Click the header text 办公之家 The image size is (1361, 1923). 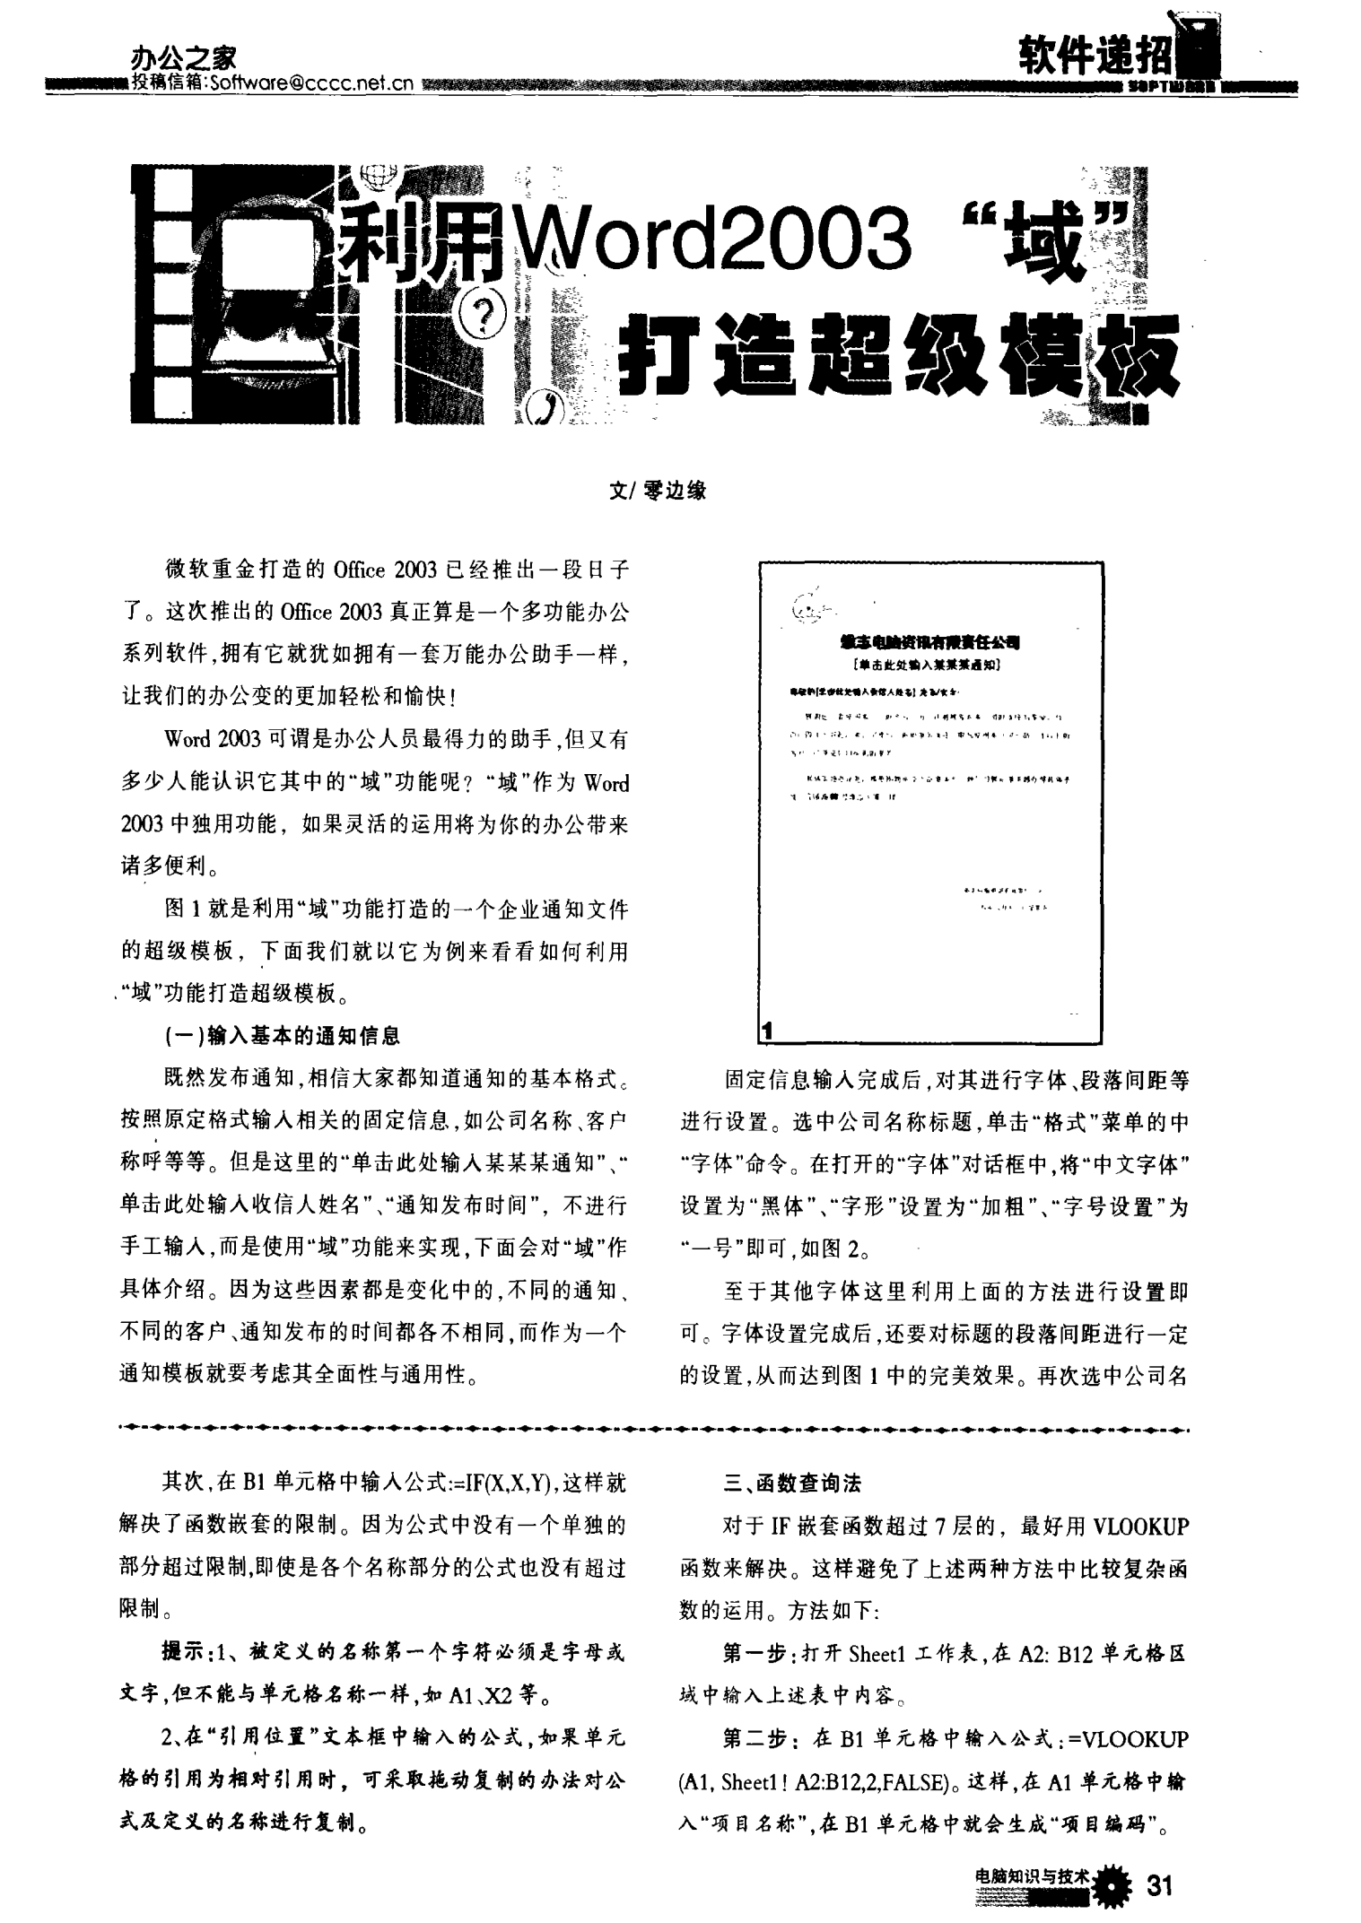[x=183, y=59]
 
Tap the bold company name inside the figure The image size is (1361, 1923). [x=929, y=641]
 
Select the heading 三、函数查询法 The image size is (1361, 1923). [x=792, y=1484]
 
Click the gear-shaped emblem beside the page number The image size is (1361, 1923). [x=1115, y=1886]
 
